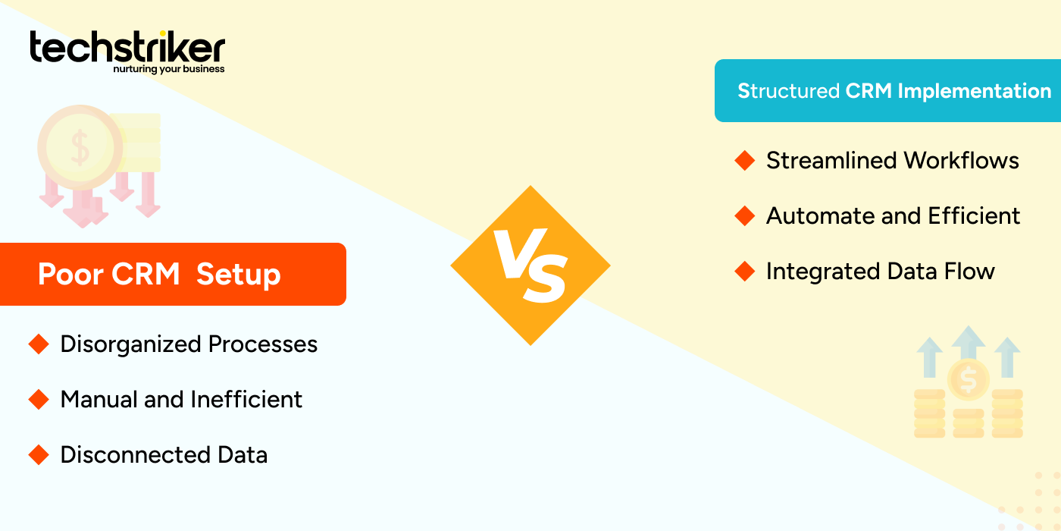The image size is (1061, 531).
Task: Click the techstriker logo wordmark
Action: [127, 47]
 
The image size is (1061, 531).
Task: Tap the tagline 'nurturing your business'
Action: [169, 69]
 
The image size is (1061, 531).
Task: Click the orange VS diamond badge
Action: [530, 265]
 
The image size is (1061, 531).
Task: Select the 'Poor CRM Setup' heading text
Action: [159, 274]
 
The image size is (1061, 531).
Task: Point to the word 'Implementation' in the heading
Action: [974, 91]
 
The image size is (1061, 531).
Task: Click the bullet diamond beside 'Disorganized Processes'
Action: [38, 344]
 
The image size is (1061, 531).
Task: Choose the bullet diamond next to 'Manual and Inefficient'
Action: [38, 400]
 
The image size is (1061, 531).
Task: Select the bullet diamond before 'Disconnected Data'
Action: [38, 455]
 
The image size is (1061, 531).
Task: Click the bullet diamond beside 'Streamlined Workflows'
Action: [745, 161]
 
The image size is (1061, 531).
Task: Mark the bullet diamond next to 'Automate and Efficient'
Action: [745, 216]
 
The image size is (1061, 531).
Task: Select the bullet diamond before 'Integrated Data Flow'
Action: [745, 272]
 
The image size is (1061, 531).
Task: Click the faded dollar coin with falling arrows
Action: [80, 148]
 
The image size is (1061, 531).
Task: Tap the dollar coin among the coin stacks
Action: [968, 379]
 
